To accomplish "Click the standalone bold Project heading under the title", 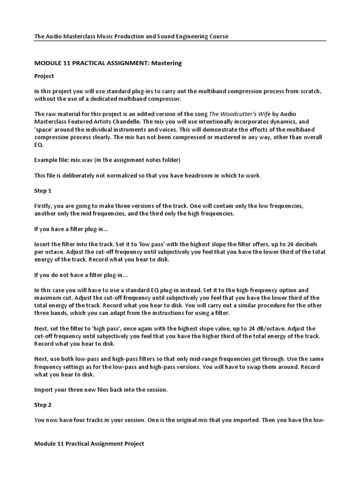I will (x=44, y=76).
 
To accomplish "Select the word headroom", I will (x=189, y=175).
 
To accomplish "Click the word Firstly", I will (x=44, y=206).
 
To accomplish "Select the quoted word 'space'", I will (x=45, y=129).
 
